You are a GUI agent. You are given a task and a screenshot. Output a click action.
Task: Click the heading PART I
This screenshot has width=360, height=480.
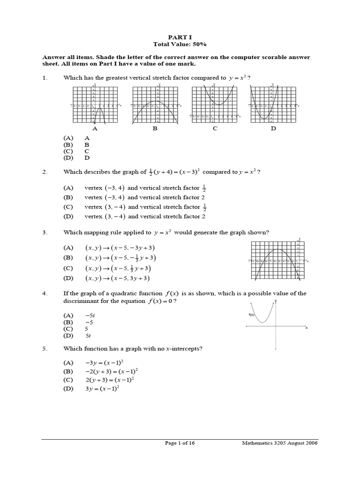(x=180, y=36)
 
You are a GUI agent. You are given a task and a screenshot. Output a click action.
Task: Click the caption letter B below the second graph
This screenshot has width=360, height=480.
(x=155, y=128)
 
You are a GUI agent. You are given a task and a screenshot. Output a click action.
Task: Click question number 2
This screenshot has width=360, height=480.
(x=45, y=172)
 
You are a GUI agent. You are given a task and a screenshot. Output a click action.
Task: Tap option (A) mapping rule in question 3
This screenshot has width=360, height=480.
(x=120, y=247)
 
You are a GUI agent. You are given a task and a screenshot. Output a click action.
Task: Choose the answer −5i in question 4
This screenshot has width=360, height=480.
(x=90, y=316)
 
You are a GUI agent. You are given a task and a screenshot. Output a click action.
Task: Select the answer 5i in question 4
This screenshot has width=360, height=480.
(x=88, y=336)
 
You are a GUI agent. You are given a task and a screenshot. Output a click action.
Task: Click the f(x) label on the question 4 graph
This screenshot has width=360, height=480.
(x=252, y=315)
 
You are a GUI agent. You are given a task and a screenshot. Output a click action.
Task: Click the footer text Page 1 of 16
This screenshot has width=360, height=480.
(x=180, y=443)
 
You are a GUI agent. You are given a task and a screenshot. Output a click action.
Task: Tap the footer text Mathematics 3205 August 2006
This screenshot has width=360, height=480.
(x=280, y=443)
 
